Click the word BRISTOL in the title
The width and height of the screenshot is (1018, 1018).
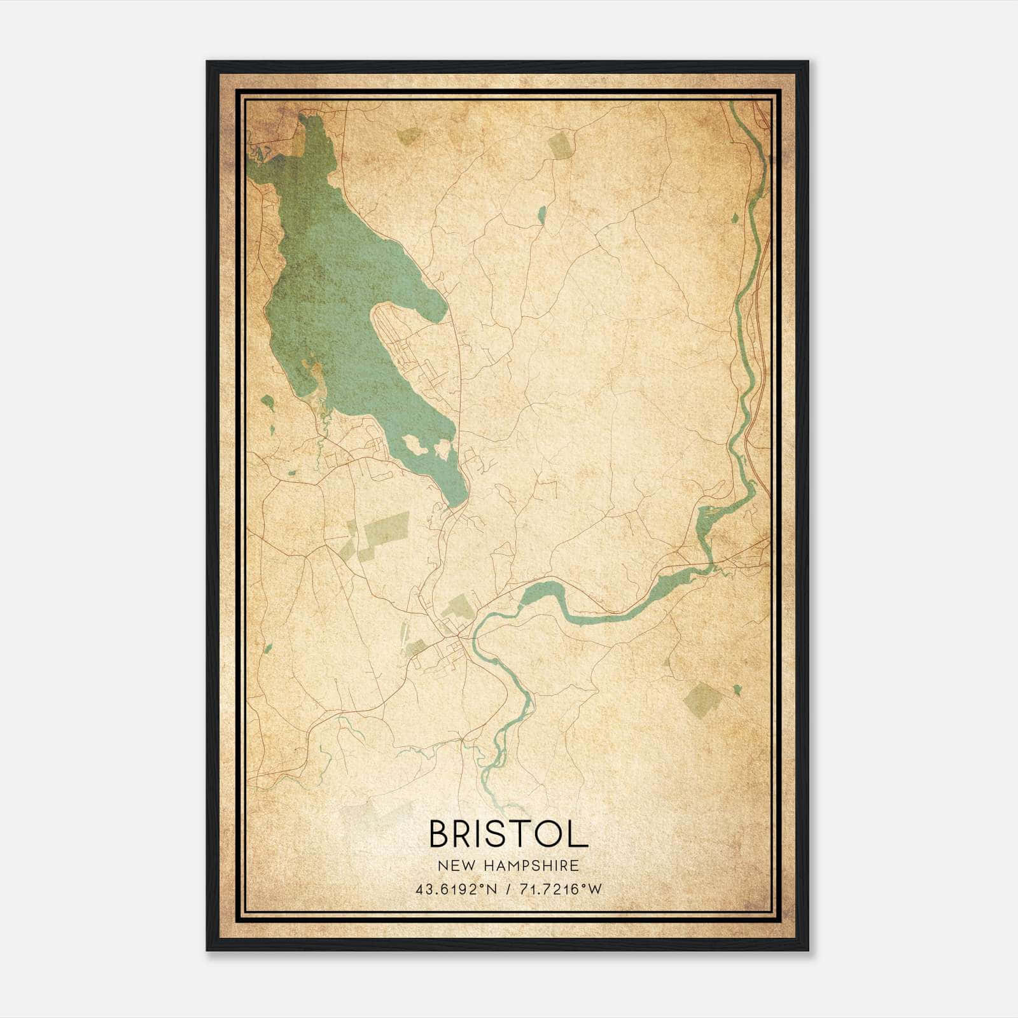tap(508, 834)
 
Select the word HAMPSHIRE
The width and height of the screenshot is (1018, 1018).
tap(532, 866)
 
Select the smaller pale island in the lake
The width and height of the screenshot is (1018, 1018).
tap(442, 450)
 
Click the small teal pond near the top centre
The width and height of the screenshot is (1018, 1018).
tap(541, 215)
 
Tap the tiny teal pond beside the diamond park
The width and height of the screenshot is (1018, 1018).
tap(737, 690)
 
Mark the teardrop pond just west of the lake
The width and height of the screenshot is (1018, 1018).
tap(268, 401)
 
